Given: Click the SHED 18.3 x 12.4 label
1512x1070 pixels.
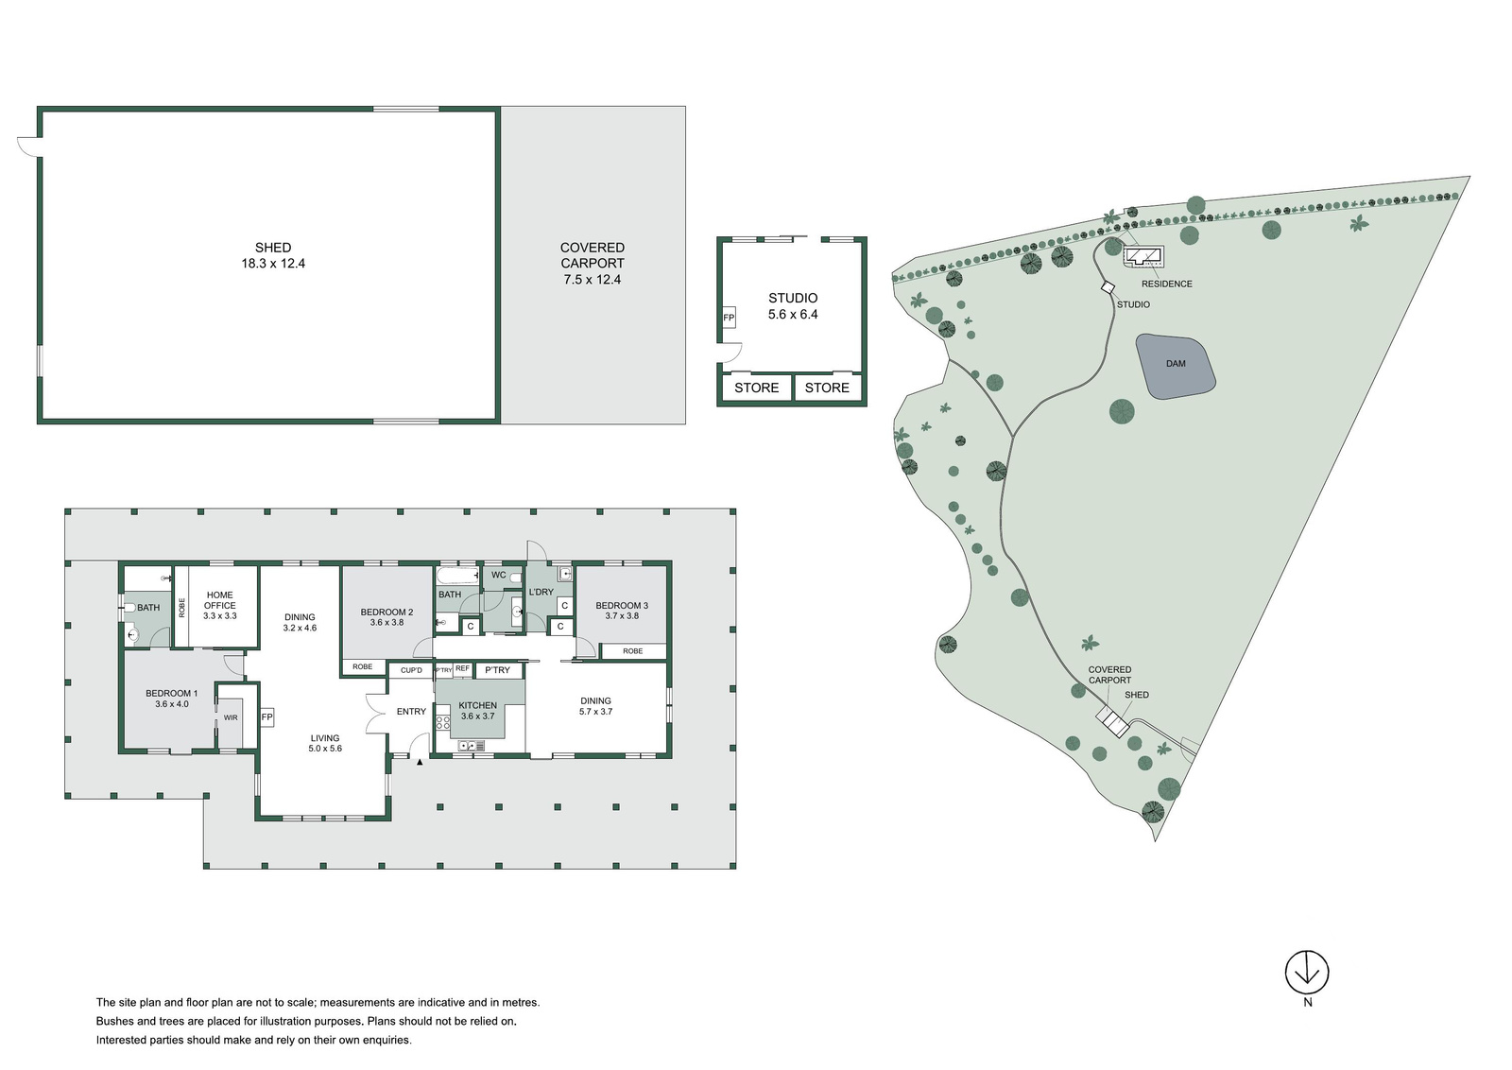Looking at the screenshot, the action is pyautogui.click(x=273, y=256).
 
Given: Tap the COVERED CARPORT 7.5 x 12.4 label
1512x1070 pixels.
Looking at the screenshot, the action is pyautogui.click(x=592, y=264).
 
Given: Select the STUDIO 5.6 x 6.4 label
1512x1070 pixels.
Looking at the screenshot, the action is pyautogui.click(x=793, y=306).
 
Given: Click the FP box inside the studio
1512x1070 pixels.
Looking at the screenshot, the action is pyautogui.click(x=729, y=318).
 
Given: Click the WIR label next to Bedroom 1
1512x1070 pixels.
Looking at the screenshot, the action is pyautogui.click(x=231, y=717).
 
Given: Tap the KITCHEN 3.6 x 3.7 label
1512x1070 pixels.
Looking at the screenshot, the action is pyautogui.click(x=478, y=710).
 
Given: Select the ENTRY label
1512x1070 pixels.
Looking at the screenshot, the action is pyautogui.click(x=411, y=711).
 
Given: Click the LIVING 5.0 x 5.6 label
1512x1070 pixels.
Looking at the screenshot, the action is pyautogui.click(x=325, y=743).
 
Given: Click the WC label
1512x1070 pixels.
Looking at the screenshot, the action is pyautogui.click(x=499, y=575).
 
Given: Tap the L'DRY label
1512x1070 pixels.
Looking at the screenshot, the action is pyautogui.click(x=541, y=592).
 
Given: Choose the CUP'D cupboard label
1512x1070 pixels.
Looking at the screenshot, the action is pyautogui.click(x=411, y=670).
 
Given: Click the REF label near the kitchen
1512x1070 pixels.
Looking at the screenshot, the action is pyautogui.click(x=462, y=668).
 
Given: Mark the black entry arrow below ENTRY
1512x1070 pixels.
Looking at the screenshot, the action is pyautogui.click(x=420, y=762).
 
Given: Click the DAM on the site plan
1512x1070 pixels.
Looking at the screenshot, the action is pyautogui.click(x=1176, y=365).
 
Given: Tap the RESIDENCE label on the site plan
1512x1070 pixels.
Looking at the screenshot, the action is pyautogui.click(x=1166, y=285).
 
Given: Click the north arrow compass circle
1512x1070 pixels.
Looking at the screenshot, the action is pyautogui.click(x=1307, y=972).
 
